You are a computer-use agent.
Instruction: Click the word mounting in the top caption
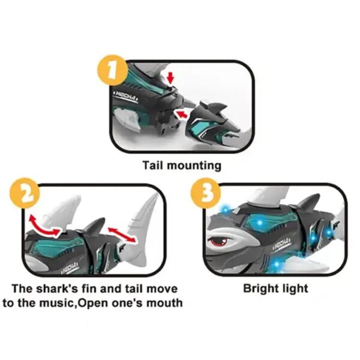coord(192,165)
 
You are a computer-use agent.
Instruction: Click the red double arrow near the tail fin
coord(119,232)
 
